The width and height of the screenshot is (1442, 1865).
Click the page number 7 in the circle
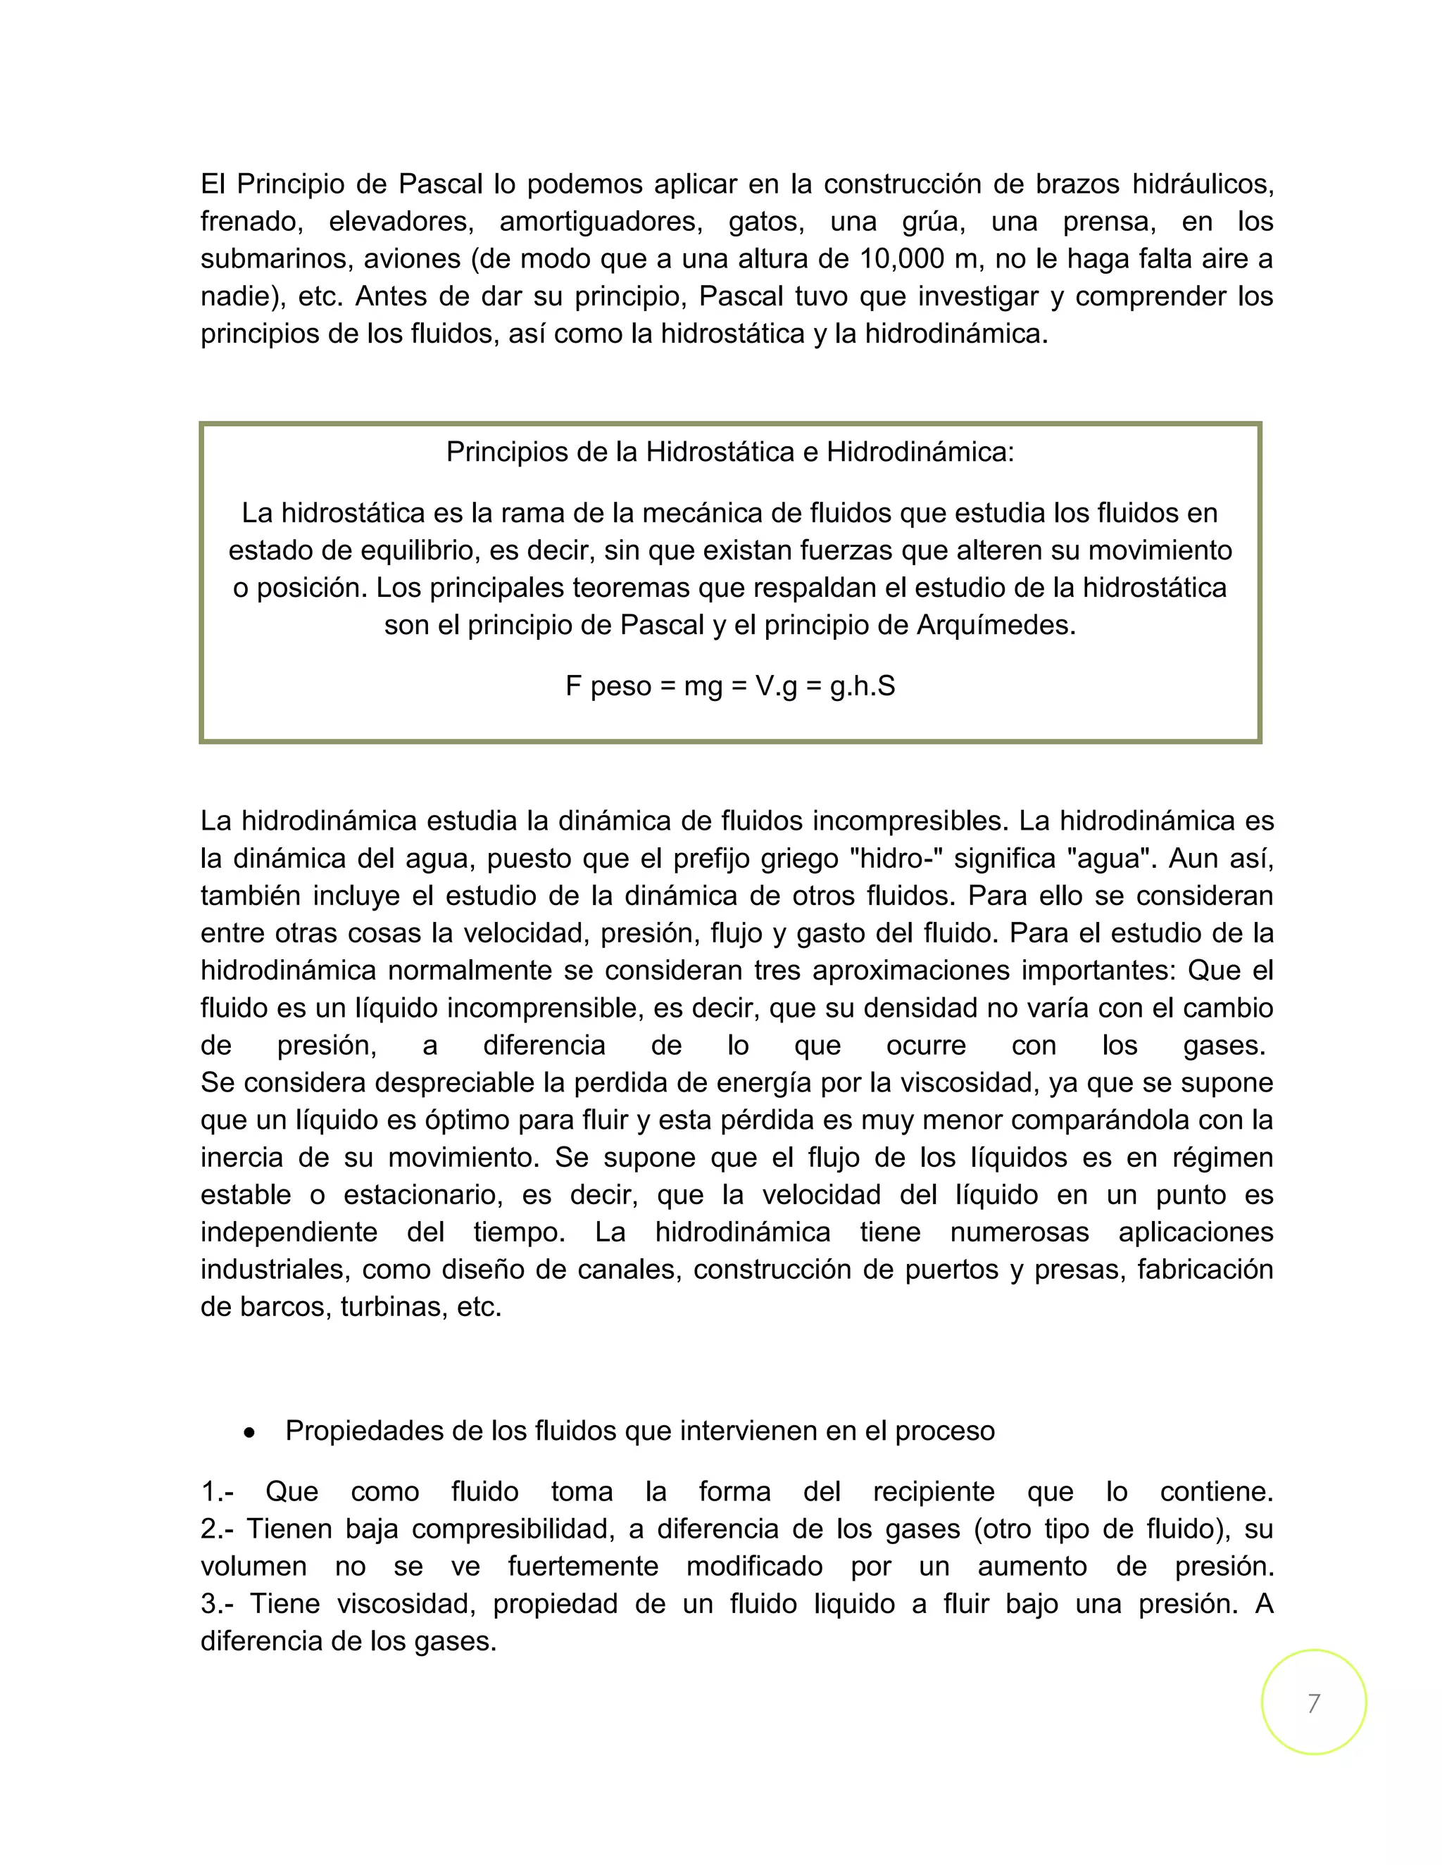(x=1313, y=1702)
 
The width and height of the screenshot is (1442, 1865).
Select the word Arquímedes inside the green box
(x=996, y=625)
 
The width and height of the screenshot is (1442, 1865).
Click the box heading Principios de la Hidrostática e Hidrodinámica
(x=729, y=452)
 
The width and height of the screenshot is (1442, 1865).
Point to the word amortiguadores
(x=601, y=221)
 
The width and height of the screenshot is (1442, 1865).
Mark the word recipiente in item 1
(x=933, y=1492)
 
